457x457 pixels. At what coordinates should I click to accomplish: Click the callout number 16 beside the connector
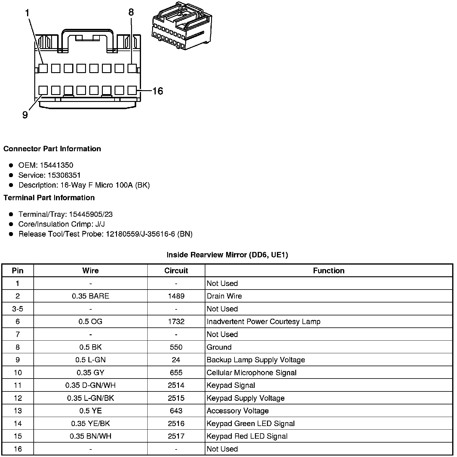point(158,91)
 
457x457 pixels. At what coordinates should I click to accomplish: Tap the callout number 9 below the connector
point(25,115)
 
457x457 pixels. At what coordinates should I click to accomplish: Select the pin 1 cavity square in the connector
point(43,69)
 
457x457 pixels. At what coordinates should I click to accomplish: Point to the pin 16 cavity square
point(132,90)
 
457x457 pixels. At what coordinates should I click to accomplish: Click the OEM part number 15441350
point(57,165)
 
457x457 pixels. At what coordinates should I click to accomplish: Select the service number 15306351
point(64,175)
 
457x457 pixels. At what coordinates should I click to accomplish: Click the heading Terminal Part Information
point(49,198)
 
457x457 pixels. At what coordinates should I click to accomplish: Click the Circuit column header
point(176,271)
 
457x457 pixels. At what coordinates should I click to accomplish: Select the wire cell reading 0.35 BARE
point(90,296)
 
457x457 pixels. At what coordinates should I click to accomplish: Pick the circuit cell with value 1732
point(176,322)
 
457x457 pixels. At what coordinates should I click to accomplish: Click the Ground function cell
point(219,347)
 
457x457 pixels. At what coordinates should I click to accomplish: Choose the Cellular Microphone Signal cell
point(251,373)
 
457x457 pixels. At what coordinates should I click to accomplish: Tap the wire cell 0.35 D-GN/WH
point(90,385)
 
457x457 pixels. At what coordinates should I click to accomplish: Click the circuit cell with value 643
point(176,411)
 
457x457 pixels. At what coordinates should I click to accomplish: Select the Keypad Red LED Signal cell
point(247,436)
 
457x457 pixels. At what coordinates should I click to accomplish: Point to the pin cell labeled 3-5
point(18,309)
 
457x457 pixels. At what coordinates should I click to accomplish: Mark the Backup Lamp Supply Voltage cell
point(256,360)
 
